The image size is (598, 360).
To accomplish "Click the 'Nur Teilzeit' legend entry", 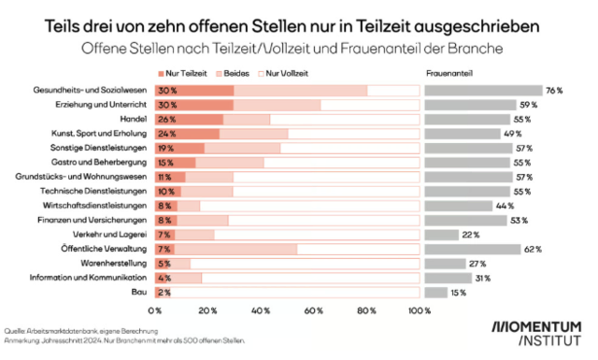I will point(186,73).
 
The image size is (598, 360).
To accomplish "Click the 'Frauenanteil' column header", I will point(448,73).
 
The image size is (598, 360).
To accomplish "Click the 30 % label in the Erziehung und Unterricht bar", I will point(168,105).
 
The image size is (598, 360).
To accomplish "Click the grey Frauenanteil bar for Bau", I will point(436,293).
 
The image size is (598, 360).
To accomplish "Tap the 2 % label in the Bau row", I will point(165,293).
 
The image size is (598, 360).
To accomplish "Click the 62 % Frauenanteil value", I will point(533,250).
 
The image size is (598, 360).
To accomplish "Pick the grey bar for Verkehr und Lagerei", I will point(441,235).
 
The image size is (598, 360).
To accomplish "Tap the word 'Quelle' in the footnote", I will point(16,331).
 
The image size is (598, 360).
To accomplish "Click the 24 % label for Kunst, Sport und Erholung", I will point(168,134).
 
